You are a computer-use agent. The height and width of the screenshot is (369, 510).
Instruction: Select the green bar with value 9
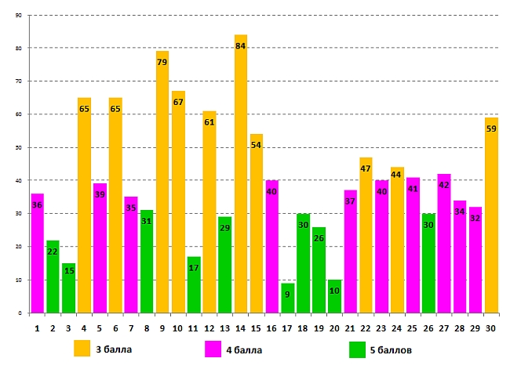[288, 298]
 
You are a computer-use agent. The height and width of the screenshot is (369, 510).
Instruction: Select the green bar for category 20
[335, 297]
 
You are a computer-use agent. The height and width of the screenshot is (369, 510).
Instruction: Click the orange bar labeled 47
[366, 235]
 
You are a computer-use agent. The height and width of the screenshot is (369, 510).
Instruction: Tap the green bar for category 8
[147, 262]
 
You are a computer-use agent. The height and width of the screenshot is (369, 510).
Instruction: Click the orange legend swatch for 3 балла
[82, 348]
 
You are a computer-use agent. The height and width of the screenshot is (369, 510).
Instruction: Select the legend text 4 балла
[245, 349]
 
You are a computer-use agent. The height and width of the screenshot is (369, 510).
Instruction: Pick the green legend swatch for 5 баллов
[357, 348]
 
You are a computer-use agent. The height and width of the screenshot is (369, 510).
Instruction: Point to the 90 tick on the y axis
[19, 15]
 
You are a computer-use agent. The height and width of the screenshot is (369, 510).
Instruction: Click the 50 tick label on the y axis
[19, 147]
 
